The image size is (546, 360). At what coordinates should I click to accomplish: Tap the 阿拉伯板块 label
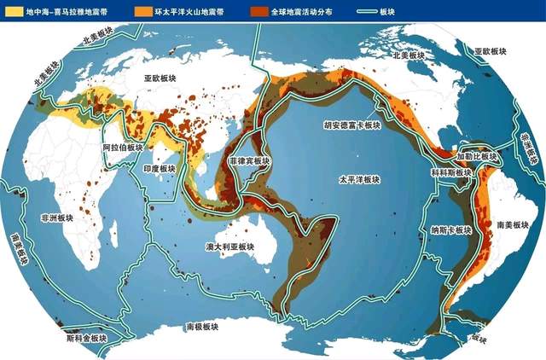tap(122, 147)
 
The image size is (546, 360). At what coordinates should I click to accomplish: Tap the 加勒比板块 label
tap(476, 157)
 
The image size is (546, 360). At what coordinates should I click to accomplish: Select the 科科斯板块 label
tap(451, 172)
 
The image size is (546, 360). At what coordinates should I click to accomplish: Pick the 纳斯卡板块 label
tap(452, 230)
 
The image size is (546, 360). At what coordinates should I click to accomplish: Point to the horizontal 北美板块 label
tap(408, 55)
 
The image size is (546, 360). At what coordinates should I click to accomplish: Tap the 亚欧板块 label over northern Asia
tap(160, 77)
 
